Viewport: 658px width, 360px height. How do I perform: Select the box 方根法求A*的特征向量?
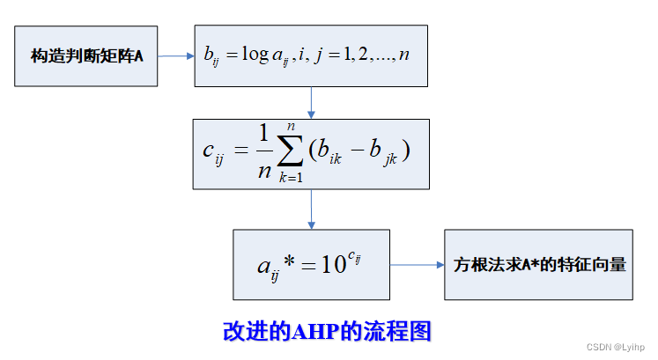(x=537, y=264)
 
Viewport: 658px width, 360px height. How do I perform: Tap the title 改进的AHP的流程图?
(x=328, y=331)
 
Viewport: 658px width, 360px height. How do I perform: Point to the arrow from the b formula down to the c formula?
(x=311, y=103)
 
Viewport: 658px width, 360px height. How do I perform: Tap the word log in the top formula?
(x=255, y=55)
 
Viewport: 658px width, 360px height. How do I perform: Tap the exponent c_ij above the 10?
(x=356, y=253)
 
